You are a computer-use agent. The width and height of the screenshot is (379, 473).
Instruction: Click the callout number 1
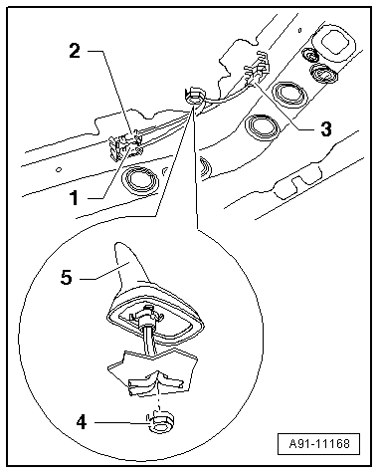click(75, 198)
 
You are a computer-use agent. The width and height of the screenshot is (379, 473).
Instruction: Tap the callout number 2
click(75, 51)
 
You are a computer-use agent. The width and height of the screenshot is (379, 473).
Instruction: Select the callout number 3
click(326, 128)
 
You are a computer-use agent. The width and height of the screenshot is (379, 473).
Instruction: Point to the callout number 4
click(82, 422)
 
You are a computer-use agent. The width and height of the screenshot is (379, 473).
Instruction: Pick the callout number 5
click(67, 277)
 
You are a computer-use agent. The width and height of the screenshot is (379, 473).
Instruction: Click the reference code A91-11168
click(319, 443)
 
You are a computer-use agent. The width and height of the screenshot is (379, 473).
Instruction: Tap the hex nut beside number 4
click(160, 422)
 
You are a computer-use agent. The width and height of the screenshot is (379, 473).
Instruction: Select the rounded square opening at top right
click(335, 43)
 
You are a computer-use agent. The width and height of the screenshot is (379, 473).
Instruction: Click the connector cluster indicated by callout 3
click(258, 68)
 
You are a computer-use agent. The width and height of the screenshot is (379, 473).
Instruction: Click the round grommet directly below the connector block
click(140, 180)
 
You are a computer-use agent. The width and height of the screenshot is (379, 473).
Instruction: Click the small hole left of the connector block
click(59, 169)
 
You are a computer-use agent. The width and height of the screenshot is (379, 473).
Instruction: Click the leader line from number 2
click(113, 93)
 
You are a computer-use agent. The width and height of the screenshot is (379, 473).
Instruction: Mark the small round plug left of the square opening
click(310, 55)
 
